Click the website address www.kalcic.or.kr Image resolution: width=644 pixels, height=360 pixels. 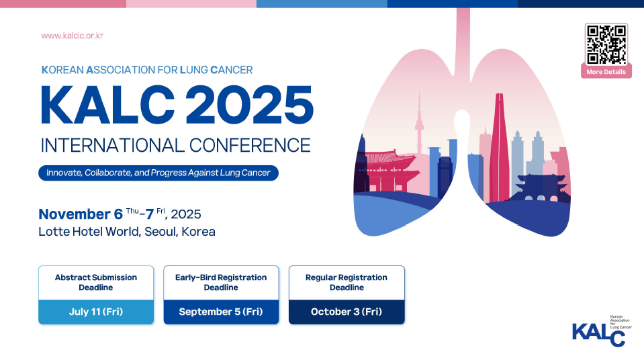[x=73, y=36]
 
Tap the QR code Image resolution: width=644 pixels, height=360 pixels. [x=606, y=44]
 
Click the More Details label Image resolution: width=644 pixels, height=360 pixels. [x=606, y=72]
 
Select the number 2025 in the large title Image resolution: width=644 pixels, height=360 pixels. [x=250, y=105]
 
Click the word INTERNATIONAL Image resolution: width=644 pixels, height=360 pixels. [x=113, y=146]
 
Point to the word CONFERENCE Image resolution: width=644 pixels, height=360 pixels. [x=250, y=146]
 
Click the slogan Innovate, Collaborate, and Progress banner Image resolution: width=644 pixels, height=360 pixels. [x=158, y=173]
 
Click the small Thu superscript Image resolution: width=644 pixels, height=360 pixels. [x=132, y=212]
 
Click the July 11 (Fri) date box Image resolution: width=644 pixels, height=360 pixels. [x=96, y=312]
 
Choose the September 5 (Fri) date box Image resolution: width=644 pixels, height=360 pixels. [x=221, y=312]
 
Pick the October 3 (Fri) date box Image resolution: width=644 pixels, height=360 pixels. [x=347, y=312]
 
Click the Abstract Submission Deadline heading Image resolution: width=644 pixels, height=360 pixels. [x=96, y=282]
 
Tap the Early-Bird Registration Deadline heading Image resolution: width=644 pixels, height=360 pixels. [x=221, y=282]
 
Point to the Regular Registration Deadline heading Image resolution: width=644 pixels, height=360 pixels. [x=347, y=282]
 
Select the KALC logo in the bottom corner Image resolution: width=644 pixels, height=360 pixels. [x=602, y=331]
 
